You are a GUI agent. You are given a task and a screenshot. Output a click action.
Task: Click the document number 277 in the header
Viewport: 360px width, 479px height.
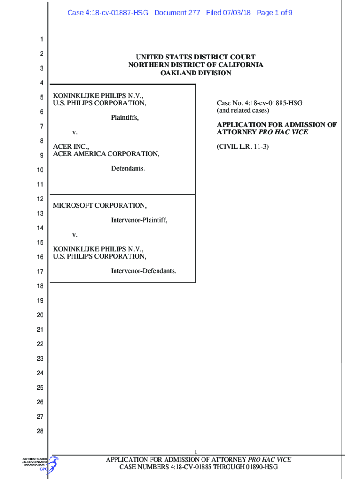(x=194, y=13)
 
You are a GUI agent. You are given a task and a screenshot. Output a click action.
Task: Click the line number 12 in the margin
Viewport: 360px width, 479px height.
(x=40, y=199)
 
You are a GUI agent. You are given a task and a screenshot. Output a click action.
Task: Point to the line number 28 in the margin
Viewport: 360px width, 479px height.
(x=40, y=431)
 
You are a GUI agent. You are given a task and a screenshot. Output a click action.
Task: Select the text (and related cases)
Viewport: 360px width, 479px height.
(x=243, y=110)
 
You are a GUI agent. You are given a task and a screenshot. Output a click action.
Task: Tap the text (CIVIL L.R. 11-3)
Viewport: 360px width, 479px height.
(x=243, y=146)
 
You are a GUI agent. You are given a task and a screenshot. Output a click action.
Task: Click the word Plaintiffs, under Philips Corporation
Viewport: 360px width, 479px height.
(x=125, y=117)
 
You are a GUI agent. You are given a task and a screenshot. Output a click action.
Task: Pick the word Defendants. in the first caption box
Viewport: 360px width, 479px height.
(x=128, y=168)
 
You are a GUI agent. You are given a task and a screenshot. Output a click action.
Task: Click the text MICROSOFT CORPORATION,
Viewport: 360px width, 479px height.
(x=100, y=205)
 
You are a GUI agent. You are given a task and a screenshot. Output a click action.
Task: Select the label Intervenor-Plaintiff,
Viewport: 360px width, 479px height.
(x=139, y=220)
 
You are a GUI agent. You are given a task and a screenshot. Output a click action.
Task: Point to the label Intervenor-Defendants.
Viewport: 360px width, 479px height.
(x=144, y=270)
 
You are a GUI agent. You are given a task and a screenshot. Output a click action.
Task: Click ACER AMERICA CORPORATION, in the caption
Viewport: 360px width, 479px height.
(x=106, y=154)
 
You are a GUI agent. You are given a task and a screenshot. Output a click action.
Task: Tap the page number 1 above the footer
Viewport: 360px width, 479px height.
(x=196, y=451)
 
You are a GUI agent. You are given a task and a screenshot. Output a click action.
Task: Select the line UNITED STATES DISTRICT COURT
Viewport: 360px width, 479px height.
(x=195, y=58)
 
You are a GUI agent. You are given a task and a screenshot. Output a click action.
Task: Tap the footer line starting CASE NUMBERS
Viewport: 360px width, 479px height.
(x=198, y=467)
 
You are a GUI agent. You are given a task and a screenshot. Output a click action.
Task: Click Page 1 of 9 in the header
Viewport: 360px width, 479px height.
(x=274, y=13)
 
